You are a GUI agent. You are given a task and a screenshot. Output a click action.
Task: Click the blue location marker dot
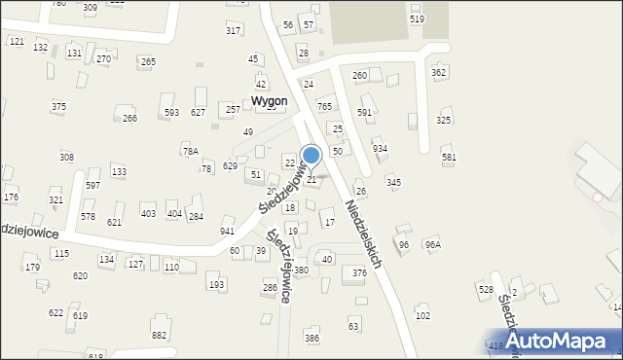[x=311, y=155]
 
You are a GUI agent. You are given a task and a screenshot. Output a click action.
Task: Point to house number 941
[x=227, y=232]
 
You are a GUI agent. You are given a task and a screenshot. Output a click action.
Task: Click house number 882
[x=159, y=335]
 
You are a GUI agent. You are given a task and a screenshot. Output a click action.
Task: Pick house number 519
[x=417, y=19]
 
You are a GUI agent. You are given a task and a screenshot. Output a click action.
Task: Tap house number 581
[x=449, y=158]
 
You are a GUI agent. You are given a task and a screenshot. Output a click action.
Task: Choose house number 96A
[x=432, y=245]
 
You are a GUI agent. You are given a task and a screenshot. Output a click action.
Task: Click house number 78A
[x=190, y=152]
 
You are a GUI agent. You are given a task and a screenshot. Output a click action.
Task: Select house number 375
[x=58, y=107]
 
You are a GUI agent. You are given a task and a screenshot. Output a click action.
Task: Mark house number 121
[x=16, y=42]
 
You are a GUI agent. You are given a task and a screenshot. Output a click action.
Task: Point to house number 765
[x=325, y=106]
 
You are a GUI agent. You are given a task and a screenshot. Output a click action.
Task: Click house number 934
[x=380, y=148]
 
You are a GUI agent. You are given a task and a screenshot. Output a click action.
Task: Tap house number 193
[x=215, y=285]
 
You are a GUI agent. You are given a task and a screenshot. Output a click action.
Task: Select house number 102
[x=422, y=316]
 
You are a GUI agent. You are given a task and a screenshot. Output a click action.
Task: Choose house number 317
[x=234, y=31]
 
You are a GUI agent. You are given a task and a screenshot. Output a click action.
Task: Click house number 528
[x=485, y=290]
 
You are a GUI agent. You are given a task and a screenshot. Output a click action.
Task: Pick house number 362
[x=439, y=73]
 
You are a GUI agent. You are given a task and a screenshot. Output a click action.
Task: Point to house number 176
[x=11, y=198]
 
